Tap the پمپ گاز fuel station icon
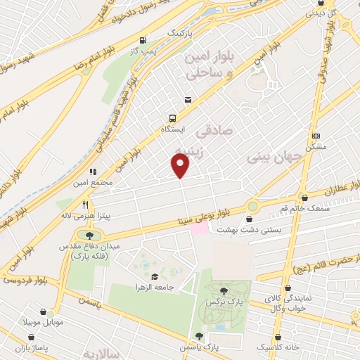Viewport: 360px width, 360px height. tap(144, 40)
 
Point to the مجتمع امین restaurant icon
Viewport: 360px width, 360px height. tap(92, 171)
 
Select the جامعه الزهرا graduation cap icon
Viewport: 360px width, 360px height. tap(155, 276)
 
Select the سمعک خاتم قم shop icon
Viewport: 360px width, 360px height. tap(303, 198)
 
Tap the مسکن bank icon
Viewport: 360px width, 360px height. tap(316, 136)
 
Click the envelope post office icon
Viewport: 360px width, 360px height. tap(187, 99)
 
